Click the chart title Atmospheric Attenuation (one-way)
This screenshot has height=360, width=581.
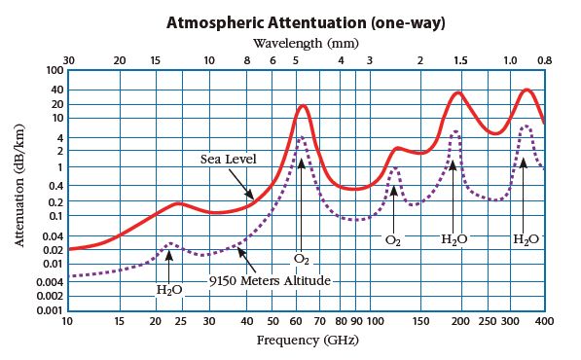point(307,21)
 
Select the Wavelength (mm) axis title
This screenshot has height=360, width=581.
point(306,43)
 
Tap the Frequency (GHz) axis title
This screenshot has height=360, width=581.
point(306,341)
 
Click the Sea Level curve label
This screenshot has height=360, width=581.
point(227,159)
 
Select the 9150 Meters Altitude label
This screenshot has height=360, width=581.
point(270,280)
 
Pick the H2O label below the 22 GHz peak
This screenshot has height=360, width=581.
point(169,289)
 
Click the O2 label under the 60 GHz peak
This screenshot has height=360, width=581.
point(302,259)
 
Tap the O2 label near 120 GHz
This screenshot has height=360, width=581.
point(393,238)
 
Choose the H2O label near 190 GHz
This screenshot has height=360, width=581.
point(454,238)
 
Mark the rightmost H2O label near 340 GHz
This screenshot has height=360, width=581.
point(525,238)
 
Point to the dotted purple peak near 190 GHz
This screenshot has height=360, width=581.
point(454,131)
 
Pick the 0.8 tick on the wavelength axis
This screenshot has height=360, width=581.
point(544,60)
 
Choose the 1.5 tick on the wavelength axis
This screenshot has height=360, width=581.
point(459,60)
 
